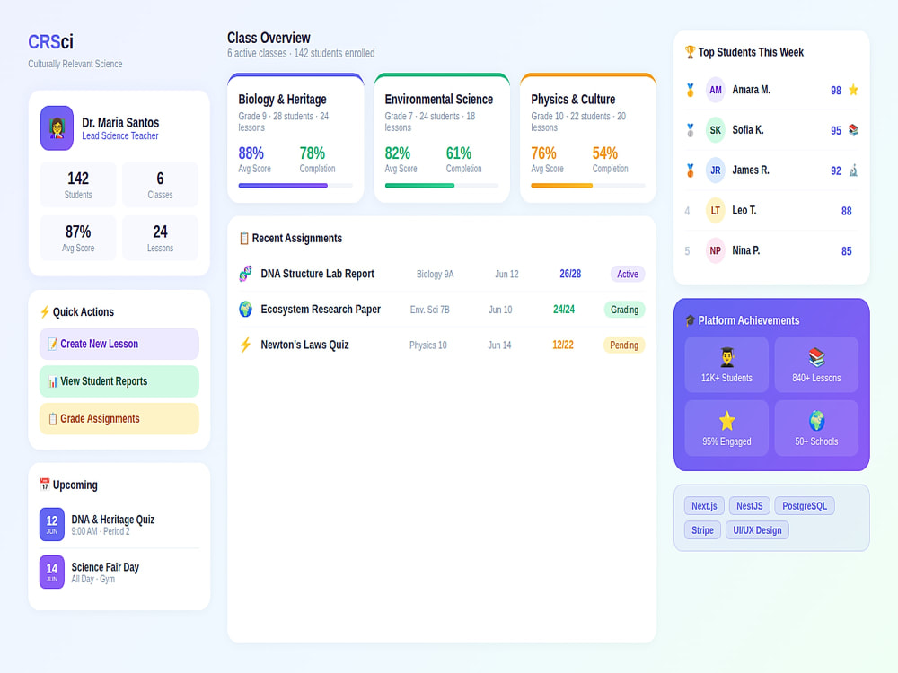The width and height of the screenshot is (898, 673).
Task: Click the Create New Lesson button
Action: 119,344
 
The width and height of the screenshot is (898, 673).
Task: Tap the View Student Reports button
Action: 119,381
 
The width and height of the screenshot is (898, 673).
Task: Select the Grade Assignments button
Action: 119,418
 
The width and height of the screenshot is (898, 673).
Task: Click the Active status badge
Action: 628,274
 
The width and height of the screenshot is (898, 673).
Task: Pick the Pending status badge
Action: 624,345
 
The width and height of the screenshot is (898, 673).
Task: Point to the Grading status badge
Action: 624,310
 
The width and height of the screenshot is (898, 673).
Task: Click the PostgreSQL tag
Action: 805,506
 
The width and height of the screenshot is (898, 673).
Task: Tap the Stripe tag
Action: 702,530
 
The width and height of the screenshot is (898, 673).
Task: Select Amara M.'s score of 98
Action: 835,91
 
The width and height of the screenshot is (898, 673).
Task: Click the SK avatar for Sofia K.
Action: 716,130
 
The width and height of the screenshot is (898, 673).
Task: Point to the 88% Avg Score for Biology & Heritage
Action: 251,153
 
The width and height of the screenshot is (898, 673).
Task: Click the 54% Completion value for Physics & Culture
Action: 604,153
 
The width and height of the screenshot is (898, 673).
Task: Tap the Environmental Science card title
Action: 439,99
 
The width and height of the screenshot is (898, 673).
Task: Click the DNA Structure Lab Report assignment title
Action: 317,274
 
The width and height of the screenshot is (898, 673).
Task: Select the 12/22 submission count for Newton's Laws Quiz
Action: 562,345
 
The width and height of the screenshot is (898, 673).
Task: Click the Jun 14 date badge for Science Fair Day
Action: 51,572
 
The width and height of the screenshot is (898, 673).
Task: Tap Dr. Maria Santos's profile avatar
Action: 57,128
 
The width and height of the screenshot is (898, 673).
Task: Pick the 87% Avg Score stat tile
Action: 78,238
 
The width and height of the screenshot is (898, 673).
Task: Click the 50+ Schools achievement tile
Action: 816,428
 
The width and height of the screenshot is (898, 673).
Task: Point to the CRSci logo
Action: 50,42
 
